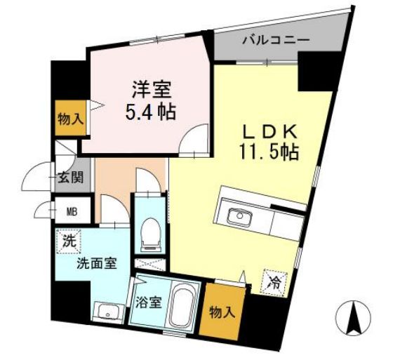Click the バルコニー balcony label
[x=276, y=40]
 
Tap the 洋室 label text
[x=152, y=89]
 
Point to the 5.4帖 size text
[x=151, y=112]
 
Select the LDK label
[x=269, y=132]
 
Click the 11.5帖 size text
[x=269, y=152]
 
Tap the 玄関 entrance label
[x=71, y=178]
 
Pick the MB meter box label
[x=72, y=212]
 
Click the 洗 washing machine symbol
[x=69, y=241]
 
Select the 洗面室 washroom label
[x=97, y=264]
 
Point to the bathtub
[x=184, y=307]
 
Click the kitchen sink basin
[x=239, y=216]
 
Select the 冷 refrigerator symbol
[x=275, y=284]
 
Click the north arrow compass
[x=353, y=318]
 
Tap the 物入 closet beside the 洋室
[x=70, y=118]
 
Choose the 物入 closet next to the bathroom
[x=222, y=311]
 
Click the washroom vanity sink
[x=108, y=312]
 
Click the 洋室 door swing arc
[x=189, y=133]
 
